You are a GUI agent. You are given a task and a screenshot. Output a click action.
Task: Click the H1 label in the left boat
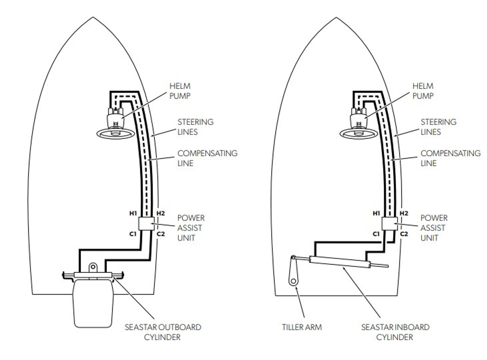133,213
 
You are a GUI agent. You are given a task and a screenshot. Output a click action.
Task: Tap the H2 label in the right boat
404,213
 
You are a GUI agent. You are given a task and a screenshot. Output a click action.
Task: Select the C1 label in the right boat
376,234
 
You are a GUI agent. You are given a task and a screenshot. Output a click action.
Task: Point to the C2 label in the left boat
161,234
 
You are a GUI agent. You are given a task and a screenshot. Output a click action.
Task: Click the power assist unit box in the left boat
146,224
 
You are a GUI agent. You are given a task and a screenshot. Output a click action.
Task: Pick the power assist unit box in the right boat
389,224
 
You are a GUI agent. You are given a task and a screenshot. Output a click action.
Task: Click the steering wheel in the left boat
116,133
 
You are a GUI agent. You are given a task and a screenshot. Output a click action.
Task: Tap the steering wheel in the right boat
358,133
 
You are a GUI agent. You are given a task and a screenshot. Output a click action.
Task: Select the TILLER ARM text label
302,327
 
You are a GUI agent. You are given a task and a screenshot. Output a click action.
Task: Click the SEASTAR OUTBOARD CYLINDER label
163,332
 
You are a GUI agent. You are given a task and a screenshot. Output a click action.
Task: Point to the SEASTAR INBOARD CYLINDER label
395,332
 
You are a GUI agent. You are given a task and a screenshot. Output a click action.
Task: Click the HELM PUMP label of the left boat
180,91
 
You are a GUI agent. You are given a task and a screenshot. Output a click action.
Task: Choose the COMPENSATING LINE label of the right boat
450,158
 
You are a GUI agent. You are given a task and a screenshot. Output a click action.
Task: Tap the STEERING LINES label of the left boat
196,127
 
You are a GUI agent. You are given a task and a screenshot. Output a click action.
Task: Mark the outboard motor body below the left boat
93,304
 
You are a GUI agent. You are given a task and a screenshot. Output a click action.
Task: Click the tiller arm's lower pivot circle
293,281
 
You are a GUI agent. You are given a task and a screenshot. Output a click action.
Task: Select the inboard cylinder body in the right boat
340,262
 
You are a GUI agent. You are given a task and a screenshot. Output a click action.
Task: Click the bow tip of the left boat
93,17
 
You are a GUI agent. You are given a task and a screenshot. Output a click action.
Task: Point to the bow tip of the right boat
336,18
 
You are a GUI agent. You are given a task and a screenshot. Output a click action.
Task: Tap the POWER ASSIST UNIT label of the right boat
434,228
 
